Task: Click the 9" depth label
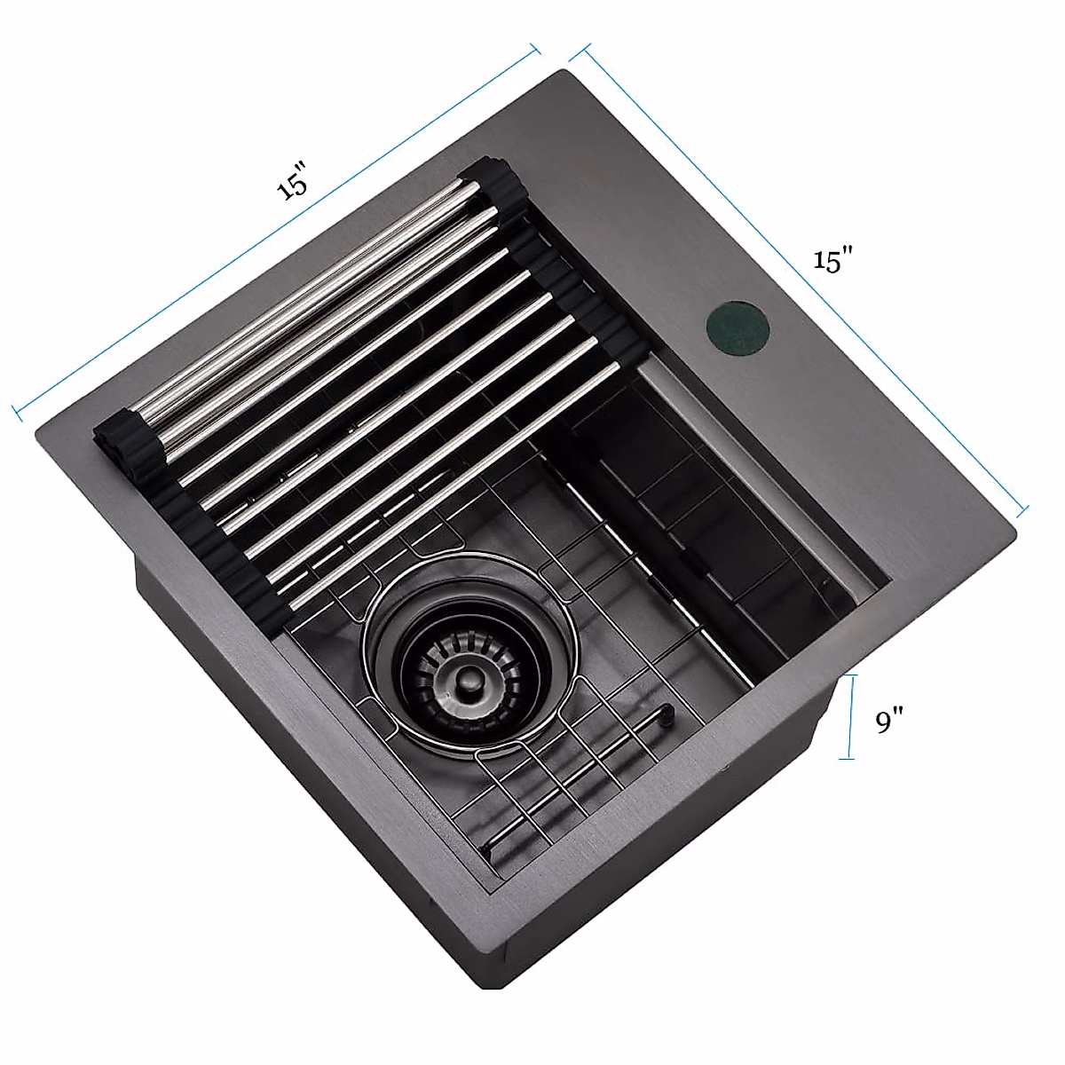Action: click(889, 722)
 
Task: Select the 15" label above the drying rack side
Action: click(292, 181)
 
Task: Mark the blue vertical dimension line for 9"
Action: click(849, 717)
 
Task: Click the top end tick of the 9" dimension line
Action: click(849, 676)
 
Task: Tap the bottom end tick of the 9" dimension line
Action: click(847, 760)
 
